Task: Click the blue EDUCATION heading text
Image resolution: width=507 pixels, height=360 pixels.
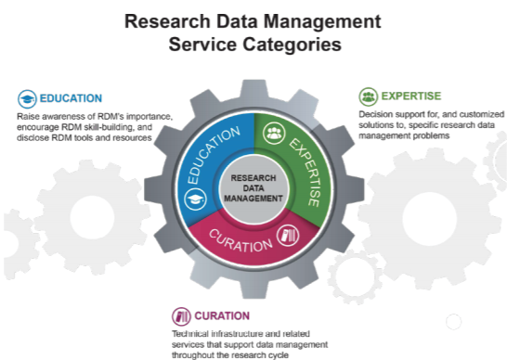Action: coord(71,97)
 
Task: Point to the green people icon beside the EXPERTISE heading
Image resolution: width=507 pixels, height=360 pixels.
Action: coord(368,96)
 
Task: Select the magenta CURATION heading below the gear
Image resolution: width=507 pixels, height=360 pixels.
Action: coord(221,315)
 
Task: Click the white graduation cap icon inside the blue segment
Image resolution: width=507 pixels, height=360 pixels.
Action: coord(195,199)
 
